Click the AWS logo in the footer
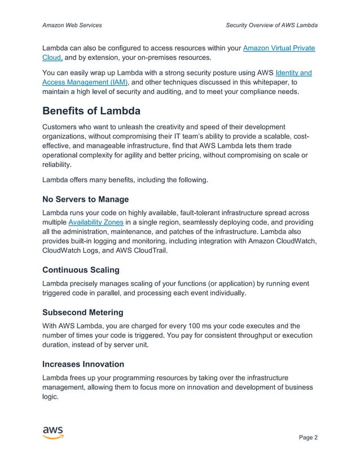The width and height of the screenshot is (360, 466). point(52,433)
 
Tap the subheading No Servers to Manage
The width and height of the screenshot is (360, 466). point(86,199)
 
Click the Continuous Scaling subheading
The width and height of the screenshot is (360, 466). point(81,270)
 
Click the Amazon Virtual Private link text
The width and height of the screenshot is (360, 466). point(278,48)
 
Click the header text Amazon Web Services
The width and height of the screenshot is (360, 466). point(72,25)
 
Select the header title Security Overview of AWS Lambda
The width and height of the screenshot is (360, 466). point(271,25)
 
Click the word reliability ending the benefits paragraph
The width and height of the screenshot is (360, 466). point(57,165)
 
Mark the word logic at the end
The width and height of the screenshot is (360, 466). point(50,397)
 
